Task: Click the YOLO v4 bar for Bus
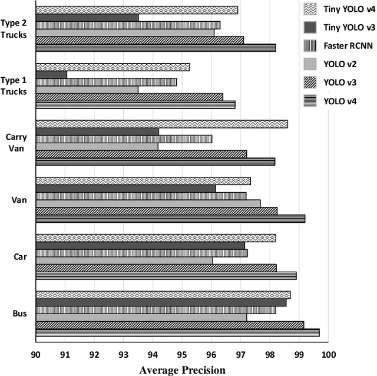(177, 332)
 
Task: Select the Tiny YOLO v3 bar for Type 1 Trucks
(51, 74)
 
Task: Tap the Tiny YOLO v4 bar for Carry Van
(161, 124)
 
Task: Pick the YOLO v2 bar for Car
(124, 260)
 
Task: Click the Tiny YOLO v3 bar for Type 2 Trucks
(87, 18)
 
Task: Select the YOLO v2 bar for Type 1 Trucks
(87, 90)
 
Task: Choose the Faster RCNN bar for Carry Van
(124, 139)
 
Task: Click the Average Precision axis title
(182, 370)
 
